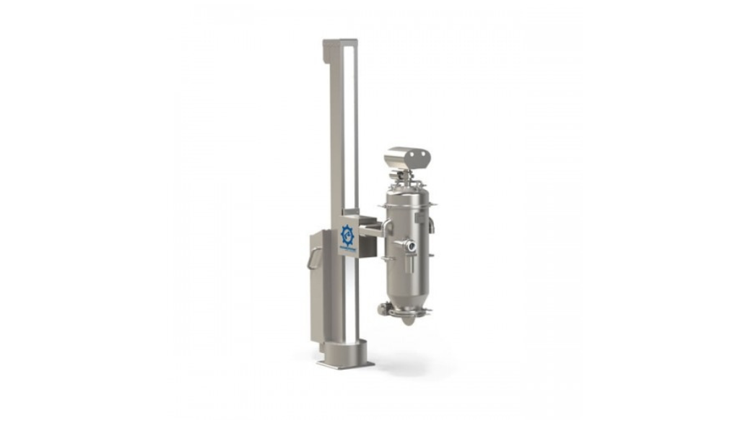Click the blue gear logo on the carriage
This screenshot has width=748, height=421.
[348, 236]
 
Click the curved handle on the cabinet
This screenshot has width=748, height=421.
[313, 258]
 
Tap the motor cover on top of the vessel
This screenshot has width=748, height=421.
[407, 157]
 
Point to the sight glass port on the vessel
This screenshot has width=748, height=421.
[411, 246]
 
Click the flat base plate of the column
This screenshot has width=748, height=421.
[344, 361]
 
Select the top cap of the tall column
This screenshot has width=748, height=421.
[339, 44]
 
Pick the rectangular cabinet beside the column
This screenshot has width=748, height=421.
[321, 289]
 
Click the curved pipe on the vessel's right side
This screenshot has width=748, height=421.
[432, 225]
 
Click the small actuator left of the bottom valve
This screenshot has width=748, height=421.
[383, 309]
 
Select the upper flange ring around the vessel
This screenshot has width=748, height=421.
[408, 206]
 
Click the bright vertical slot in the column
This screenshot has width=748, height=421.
[349, 130]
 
